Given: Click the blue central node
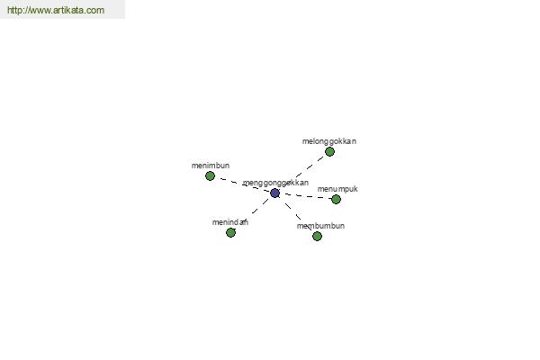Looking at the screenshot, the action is click(x=274, y=193).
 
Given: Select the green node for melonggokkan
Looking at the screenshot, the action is click(x=329, y=151).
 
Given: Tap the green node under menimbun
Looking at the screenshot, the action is click(x=210, y=176).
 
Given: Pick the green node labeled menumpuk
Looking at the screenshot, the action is click(x=336, y=199).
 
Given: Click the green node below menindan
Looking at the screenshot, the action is click(x=230, y=232).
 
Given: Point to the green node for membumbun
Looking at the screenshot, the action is click(x=317, y=236).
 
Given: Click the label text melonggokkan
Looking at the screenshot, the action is click(x=329, y=141).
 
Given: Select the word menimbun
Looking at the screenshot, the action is click(x=211, y=166).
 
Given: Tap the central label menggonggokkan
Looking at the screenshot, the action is click(x=276, y=183).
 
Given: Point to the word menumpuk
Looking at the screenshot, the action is click(x=337, y=189).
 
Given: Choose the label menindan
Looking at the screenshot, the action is click(x=230, y=222).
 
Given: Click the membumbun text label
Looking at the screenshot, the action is click(x=320, y=226).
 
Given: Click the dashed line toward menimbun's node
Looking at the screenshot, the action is click(x=242, y=184).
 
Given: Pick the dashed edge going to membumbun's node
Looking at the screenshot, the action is click(x=296, y=214).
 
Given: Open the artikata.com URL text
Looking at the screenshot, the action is click(x=56, y=10).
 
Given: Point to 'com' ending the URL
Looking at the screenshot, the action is click(x=95, y=10).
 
